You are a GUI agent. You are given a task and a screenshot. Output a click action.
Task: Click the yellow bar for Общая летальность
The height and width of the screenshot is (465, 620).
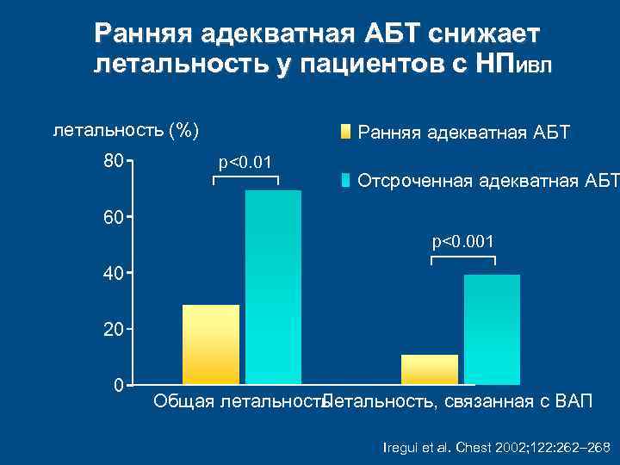click(211, 344)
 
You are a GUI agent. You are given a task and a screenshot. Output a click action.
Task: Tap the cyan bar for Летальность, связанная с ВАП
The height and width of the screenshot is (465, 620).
click(492, 329)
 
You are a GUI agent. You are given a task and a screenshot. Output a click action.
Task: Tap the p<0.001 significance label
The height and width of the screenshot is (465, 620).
click(463, 243)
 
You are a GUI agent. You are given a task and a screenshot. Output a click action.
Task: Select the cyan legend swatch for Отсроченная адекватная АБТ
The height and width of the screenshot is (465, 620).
click(345, 181)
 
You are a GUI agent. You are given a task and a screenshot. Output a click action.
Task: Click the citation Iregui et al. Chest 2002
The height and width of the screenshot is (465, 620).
click(495, 447)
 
